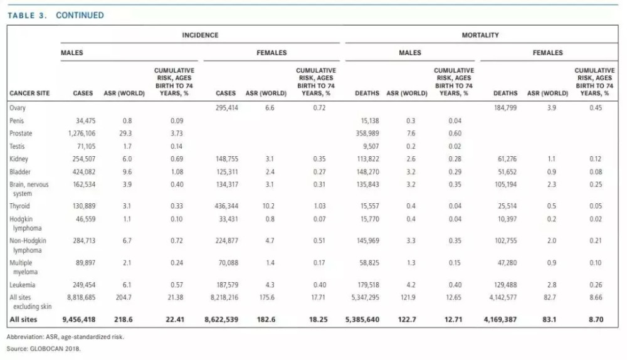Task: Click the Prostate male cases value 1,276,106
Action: point(82,134)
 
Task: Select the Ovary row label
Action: point(18,108)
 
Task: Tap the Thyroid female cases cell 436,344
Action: point(226,206)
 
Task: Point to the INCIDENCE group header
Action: point(200,35)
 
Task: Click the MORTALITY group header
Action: point(480,35)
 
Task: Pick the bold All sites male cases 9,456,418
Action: point(79,320)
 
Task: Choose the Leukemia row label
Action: point(23,285)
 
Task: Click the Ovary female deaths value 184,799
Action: point(505,108)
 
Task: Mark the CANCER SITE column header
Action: point(29,93)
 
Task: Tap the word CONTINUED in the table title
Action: point(80,15)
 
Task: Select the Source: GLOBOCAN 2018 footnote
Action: point(44,349)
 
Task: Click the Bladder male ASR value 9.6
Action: point(127,172)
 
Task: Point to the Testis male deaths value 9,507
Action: point(371,146)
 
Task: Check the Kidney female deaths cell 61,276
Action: point(507,159)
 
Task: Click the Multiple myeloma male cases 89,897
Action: point(85,263)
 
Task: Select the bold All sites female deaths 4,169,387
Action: point(500,320)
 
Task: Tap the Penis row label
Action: point(17,121)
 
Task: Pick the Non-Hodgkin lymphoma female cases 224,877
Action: point(227,241)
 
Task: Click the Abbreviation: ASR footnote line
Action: point(65,337)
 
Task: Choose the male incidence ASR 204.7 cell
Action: point(124,298)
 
